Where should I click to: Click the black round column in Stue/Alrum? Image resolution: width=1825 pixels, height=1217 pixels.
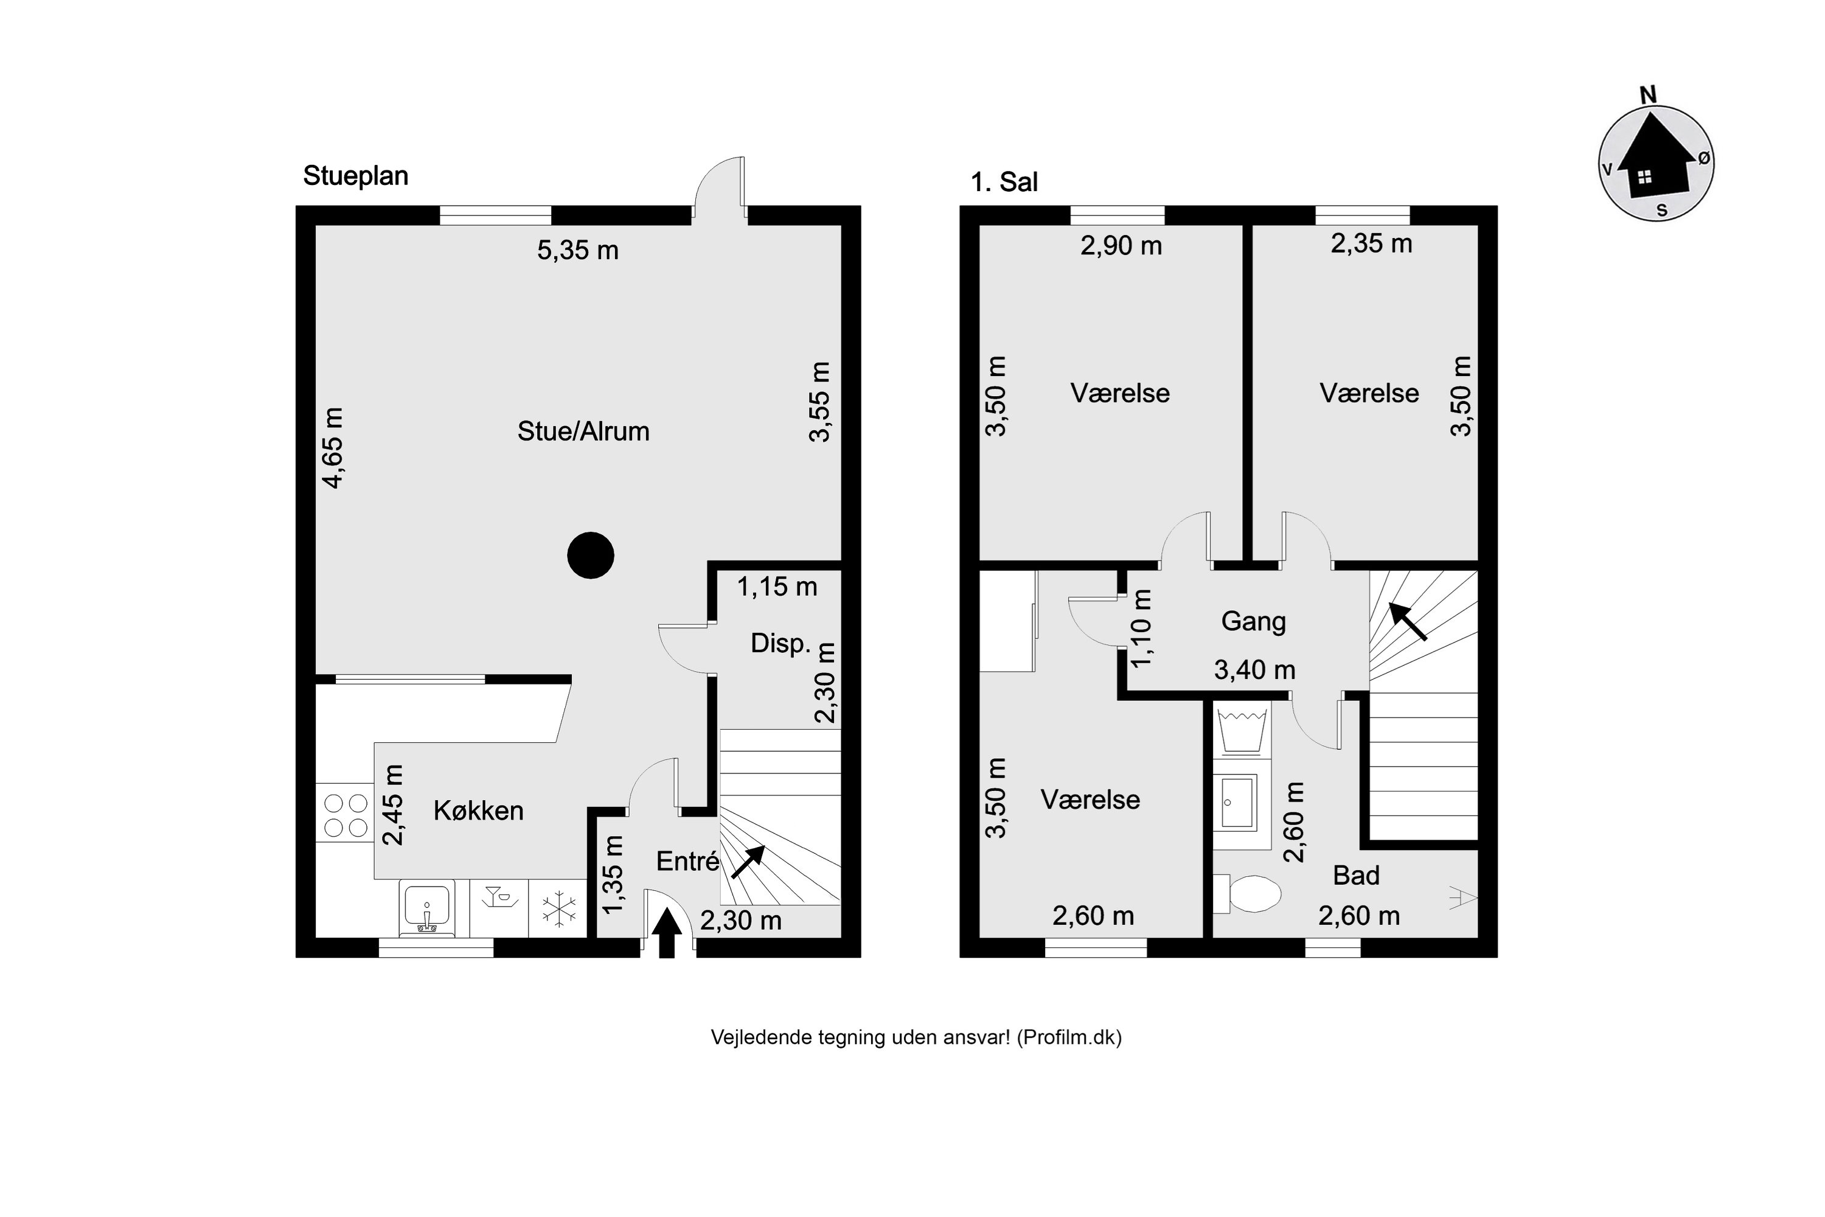pos(591,555)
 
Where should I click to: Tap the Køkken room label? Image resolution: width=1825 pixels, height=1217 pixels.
pos(478,811)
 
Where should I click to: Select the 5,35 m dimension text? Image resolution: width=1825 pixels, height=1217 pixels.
pos(578,250)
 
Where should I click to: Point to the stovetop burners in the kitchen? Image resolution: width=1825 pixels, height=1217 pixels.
pos(346,814)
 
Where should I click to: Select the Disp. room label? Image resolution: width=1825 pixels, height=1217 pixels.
pos(780,643)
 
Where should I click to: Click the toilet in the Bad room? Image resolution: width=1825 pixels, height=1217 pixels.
pos(1247,894)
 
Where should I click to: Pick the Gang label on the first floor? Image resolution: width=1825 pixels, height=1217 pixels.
pos(1253,622)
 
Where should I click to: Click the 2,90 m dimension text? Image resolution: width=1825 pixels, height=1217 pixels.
pos(1121,246)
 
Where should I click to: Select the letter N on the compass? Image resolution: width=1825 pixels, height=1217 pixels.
pos(1648,95)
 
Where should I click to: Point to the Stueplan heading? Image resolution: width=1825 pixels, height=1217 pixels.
pos(355,176)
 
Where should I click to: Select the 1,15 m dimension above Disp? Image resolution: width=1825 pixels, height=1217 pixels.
pos(777,587)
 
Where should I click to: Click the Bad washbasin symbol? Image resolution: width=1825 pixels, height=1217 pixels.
pos(1237,803)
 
